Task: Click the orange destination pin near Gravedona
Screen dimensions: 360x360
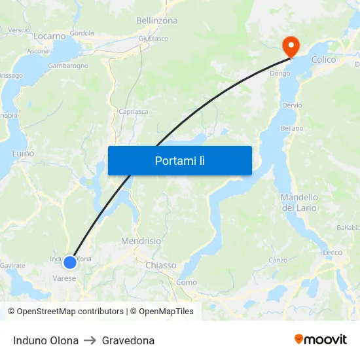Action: pyautogui.click(x=289, y=45)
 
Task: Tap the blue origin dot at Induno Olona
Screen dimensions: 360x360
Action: pyautogui.click(x=70, y=262)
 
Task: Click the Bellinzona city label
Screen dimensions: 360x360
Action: pyautogui.click(x=156, y=21)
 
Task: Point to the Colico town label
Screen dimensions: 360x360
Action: pyautogui.click(x=323, y=60)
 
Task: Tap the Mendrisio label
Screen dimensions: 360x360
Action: pyautogui.click(x=141, y=241)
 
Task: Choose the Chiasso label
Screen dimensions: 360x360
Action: pyautogui.click(x=160, y=265)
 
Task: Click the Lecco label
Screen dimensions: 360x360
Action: pyautogui.click(x=333, y=253)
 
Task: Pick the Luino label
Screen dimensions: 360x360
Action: pyautogui.click(x=23, y=153)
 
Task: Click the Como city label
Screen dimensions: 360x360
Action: pyautogui.click(x=187, y=282)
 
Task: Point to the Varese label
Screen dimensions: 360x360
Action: pyautogui.click(x=64, y=278)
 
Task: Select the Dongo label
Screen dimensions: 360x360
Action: pyautogui.click(x=280, y=74)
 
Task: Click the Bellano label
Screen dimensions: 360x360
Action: pyautogui.click(x=291, y=128)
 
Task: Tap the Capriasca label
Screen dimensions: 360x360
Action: pyautogui.click(x=133, y=111)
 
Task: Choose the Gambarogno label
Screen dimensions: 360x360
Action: pyautogui.click(x=68, y=66)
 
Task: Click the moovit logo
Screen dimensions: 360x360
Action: pyautogui.click(x=320, y=340)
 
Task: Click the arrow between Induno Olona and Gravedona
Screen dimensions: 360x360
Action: pyautogui.click(x=90, y=340)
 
